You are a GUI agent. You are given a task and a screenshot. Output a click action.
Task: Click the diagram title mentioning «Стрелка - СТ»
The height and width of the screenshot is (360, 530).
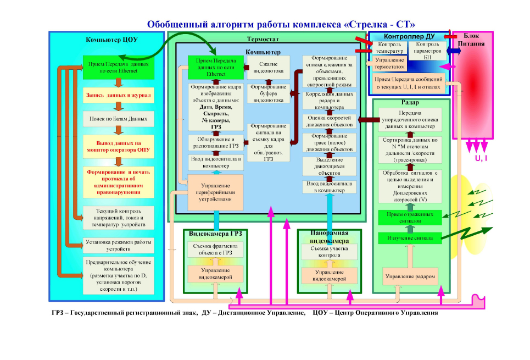[281, 24]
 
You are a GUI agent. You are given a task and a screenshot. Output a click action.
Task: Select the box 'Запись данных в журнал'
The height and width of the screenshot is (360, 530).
[118, 95]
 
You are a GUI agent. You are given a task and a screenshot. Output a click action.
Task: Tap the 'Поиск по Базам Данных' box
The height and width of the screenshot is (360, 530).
[118, 119]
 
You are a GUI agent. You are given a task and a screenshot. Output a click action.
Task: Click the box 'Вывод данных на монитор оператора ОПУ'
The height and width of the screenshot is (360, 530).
[118, 146]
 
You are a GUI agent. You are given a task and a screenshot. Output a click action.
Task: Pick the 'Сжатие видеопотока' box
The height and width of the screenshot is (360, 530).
[268, 67]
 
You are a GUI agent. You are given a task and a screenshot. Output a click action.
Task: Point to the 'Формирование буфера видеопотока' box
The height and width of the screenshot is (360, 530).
[268, 94]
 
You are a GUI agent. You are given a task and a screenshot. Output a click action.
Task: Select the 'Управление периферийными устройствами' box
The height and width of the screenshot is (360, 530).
[215, 192]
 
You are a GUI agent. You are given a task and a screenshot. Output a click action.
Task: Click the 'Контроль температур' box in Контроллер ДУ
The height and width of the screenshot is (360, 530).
[389, 48]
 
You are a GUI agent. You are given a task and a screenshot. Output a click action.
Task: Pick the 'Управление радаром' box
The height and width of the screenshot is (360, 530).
[411, 276]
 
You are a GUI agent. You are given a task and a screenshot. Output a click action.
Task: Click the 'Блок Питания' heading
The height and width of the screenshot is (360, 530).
[471, 38]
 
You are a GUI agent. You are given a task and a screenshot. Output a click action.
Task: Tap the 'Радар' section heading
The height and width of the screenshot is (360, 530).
[411, 103]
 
